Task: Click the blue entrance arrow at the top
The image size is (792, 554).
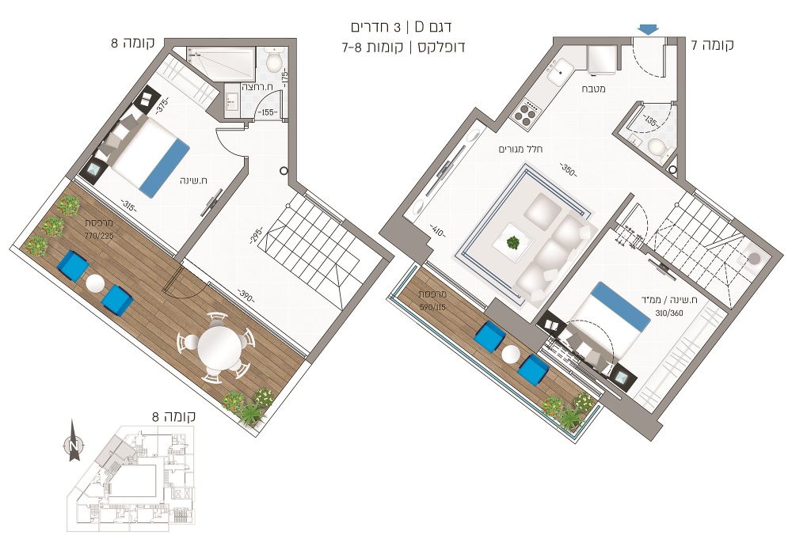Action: tap(648, 30)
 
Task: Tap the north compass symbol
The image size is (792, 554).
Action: tap(74, 442)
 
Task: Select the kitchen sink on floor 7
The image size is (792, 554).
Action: tap(561, 72)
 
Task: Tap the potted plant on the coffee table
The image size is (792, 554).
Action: tap(513, 242)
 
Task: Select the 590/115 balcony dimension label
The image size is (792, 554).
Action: tap(433, 306)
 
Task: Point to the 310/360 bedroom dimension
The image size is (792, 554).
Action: tap(669, 313)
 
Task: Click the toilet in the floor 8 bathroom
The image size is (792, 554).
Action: tap(273, 62)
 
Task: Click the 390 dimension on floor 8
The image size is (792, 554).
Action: tap(246, 295)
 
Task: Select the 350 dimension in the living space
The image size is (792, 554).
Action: tap(568, 169)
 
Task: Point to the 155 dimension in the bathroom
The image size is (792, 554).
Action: tap(268, 112)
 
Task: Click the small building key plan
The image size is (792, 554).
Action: tap(131, 478)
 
